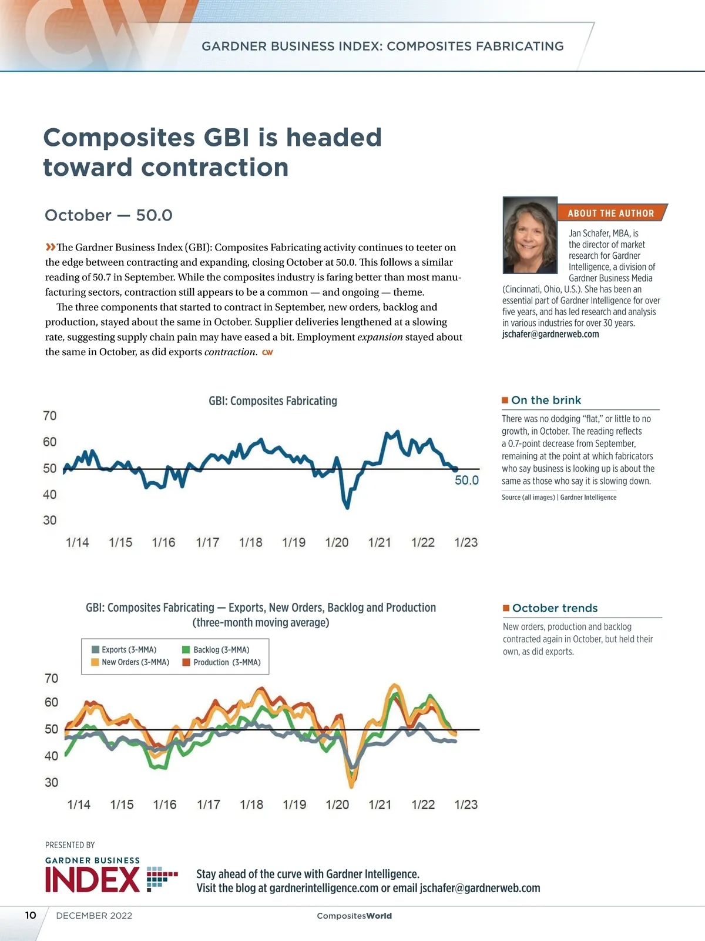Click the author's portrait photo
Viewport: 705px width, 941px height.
(530, 235)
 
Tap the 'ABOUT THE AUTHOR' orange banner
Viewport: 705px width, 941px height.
(610, 213)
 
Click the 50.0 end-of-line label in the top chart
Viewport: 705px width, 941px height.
(466, 480)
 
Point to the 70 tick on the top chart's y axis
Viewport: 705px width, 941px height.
(50, 416)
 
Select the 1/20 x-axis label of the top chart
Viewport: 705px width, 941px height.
(337, 542)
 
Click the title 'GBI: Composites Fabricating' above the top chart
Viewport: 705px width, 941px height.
(273, 401)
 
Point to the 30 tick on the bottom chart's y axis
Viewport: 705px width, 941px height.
(52, 783)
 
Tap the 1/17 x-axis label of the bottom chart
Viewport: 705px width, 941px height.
(209, 805)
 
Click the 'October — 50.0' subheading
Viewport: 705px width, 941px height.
(109, 215)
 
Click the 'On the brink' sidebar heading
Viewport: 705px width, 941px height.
(546, 401)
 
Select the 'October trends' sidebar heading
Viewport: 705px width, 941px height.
(555, 608)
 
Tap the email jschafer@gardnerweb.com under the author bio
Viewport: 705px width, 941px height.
(550, 334)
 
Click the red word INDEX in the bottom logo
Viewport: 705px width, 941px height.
(92, 880)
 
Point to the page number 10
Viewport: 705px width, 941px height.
(31, 915)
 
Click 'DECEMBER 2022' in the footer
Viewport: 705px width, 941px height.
(94, 916)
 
